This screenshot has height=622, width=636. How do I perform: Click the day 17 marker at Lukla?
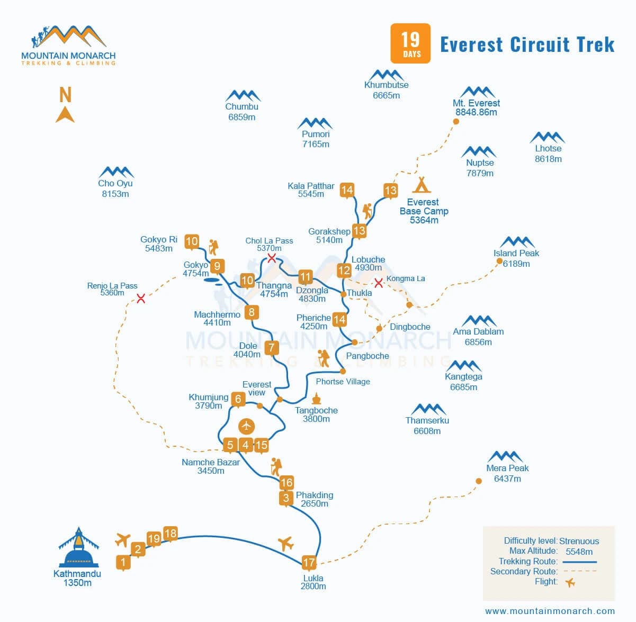click(x=309, y=562)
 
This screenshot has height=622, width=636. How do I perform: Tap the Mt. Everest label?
click(x=476, y=103)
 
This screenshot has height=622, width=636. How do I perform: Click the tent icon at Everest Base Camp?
click(x=422, y=184)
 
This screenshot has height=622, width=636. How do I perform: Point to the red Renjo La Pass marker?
click(x=141, y=299)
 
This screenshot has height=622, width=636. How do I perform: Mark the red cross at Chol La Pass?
click(x=272, y=258)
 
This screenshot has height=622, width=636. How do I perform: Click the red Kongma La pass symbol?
click(x=379, y=283)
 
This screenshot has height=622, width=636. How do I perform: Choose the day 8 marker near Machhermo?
click(x=252, y=312)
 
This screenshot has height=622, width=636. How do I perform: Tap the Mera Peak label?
click(x=507, y=468)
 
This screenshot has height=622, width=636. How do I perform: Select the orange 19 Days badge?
click(x=410, y=43)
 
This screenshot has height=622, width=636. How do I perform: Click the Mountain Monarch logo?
click(x=68, y=46)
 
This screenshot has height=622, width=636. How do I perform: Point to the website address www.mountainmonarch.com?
click(x=550, y=610)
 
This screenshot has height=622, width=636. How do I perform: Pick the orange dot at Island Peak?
click(x=499, y=261)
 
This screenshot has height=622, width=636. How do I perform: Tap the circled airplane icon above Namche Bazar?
click(x=246, y=426)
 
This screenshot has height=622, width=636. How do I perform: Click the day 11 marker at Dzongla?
click(x=305, y=277)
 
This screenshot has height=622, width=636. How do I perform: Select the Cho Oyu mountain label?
click(x=115, y=183)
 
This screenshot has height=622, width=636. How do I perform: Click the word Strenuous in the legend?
click(x=579, y=541)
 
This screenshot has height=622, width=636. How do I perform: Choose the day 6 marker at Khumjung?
click(x=238, y=399)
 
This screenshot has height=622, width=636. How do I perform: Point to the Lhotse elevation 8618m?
click(x=548, y=159)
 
